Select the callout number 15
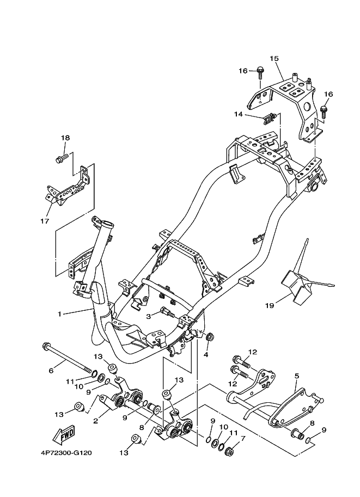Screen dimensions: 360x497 point(274,58)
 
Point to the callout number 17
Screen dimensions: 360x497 point(45,221)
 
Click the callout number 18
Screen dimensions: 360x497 point(65,138)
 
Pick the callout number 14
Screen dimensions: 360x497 point(239,114)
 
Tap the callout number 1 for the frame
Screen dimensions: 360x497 point(59,314)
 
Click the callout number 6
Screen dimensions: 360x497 point(51,370)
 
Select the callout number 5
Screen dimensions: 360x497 point(297,376)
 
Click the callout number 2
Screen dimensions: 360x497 point(95,421)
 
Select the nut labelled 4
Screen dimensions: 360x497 point(209,338)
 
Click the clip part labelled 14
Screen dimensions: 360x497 point(269,119)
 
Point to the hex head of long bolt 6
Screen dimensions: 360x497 point(45,346)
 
